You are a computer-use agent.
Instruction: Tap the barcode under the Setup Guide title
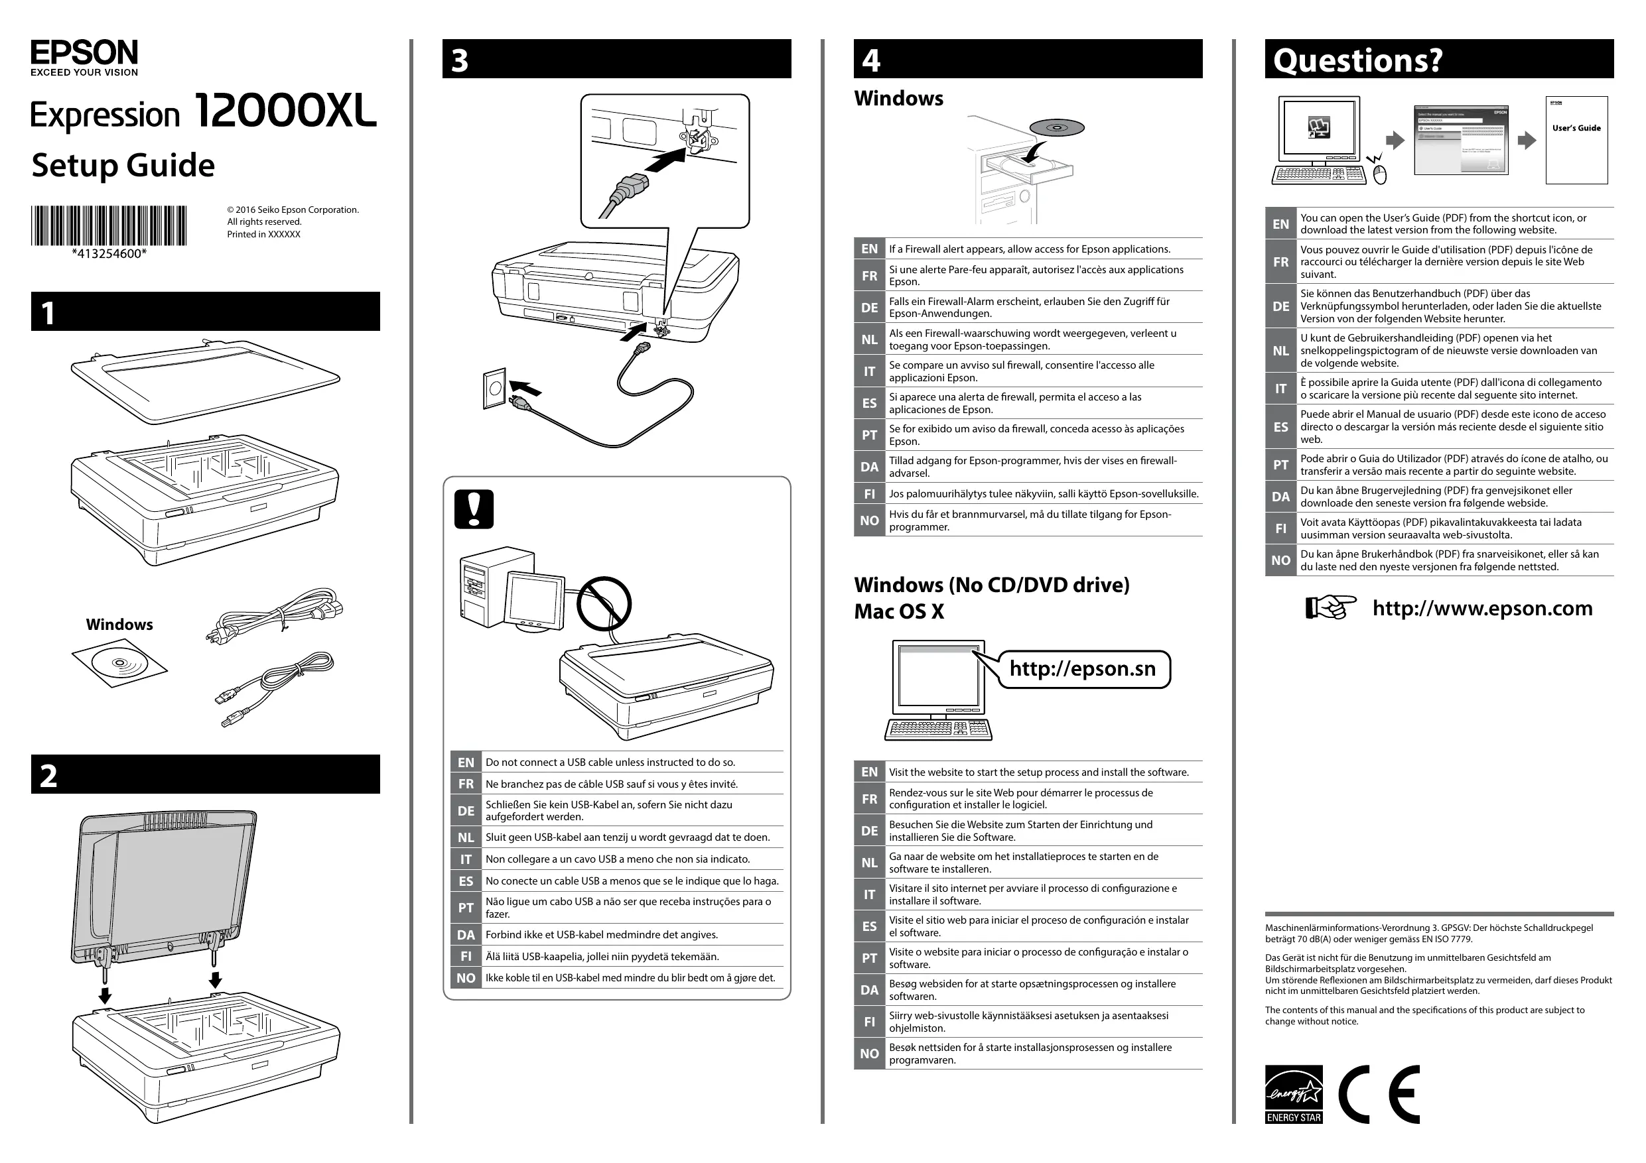coord(108,225)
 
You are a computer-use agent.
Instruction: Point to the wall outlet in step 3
coord(495,389)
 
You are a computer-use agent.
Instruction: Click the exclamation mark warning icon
coord(474,509)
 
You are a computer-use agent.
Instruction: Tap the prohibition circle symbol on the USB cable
coord(604,603)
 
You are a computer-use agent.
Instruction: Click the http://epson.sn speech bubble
coord(1083,669)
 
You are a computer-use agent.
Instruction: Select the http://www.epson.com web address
coord(1482,609)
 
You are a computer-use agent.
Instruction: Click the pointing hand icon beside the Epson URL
coord(1330,607)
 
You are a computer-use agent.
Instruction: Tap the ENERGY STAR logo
coord(1293,1094)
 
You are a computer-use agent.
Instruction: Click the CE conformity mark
coord(1379,1094)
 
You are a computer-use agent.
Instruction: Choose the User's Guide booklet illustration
coord(1576,141)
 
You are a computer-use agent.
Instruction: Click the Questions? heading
coord(1357,60)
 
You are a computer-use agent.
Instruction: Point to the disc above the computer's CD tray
coord(1057,128)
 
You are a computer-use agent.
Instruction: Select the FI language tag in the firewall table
coord(869,494)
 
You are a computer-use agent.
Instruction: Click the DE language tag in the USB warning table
coord(466,810)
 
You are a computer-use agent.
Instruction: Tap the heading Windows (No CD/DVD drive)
coord(991,585)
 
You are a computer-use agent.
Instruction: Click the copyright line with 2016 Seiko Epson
coord(293,210)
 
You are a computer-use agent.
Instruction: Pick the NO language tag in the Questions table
coord(1280,560)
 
